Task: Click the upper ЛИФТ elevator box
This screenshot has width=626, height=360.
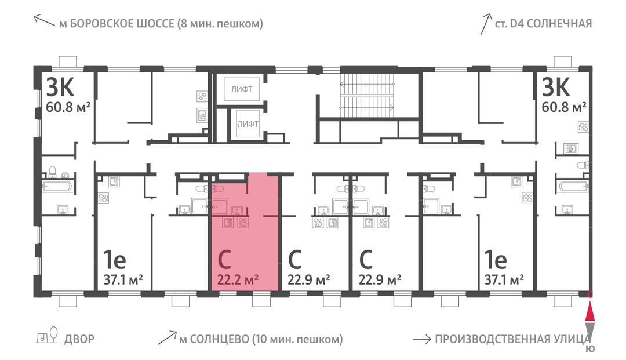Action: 242,89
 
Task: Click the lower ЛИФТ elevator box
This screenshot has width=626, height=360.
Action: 248,123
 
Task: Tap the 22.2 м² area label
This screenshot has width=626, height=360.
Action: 238,279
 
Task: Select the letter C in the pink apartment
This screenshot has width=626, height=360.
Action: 224,260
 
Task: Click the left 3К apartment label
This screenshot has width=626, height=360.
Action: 60,87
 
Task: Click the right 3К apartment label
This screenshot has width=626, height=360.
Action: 555,87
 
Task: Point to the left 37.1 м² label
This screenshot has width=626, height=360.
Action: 123,280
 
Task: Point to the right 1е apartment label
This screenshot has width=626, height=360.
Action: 496,260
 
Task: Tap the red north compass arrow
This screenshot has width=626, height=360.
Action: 589,312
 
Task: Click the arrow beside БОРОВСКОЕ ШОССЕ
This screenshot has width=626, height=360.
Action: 44,20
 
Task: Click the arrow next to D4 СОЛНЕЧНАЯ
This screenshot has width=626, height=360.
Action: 486,24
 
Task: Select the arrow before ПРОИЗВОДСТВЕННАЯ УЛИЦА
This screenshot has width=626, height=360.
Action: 421,340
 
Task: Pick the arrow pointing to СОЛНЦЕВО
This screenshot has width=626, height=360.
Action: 167,337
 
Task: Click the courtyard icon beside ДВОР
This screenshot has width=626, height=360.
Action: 47,336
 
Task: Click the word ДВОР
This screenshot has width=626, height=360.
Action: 79,339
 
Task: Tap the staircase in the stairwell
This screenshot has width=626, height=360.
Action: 367,96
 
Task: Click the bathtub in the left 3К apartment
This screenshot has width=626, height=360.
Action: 57,187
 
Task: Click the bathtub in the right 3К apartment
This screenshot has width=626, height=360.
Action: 574,187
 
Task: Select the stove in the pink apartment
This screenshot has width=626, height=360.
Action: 243,222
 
